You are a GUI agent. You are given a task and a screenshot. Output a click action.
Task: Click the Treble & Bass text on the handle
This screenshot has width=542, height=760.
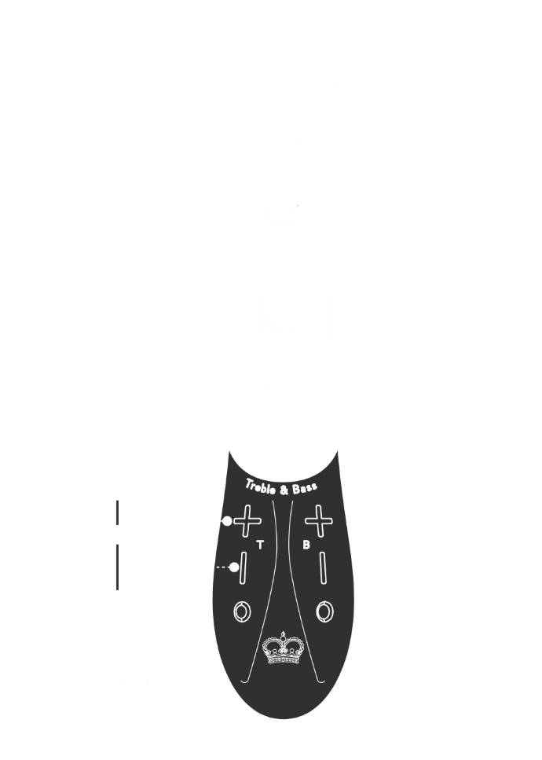point(281,487)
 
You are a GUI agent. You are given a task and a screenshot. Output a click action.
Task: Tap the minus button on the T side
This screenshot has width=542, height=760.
point(245,567)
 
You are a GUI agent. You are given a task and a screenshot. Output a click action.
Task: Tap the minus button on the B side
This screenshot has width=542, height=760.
point(322,567)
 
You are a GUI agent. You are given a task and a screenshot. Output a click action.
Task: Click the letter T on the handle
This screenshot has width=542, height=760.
point(260,544)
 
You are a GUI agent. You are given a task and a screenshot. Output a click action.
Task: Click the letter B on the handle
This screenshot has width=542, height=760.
point(306,544)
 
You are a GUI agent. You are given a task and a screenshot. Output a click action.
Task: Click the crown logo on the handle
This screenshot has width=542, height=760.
point(283,648)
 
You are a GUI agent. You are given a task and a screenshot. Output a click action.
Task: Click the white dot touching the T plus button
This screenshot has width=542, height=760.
point(227,521)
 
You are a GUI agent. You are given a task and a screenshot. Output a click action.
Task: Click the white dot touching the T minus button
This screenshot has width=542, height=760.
point(233,567)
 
